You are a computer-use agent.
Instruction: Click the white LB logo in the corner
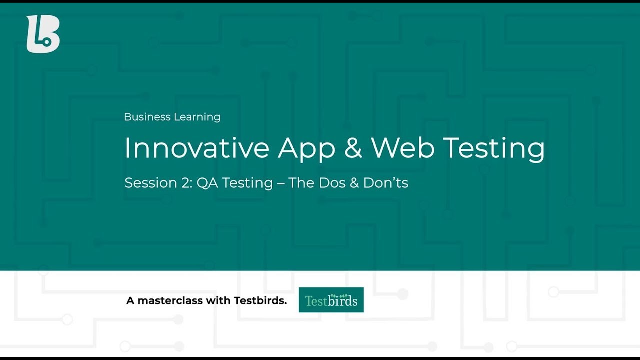click(x=43, y=34)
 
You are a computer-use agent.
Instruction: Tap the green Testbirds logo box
click(x=331, y=300)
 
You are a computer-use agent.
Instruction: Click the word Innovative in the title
click(x=197, y=148)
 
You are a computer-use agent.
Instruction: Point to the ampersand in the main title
click(x=353, y=148)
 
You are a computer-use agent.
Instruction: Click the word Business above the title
click(x=147, y=117)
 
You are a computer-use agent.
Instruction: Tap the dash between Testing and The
click(x=281, y=183)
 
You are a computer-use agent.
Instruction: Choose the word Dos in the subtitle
click(x=331, y=183)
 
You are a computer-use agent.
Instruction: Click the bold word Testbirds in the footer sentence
click(x=260, y=300)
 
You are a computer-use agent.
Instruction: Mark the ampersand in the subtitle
click(x=354, y=183)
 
